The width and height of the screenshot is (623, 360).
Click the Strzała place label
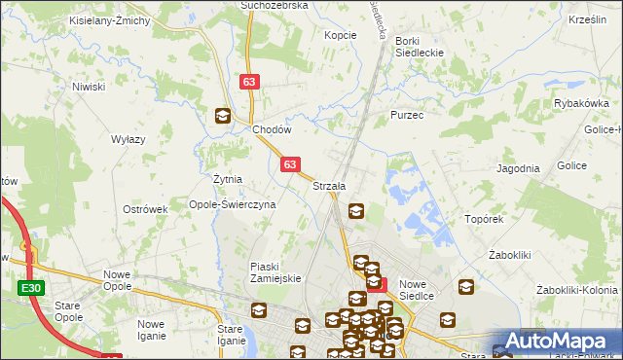tap(329, 186)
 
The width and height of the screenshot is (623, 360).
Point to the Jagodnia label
tap(518, 168)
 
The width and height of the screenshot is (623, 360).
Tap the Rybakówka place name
tap(581, 103)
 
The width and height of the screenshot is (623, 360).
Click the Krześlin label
tap(587, 19)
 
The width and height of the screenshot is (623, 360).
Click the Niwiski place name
tap(89, 87)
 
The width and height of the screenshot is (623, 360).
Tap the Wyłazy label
tap(128, 140)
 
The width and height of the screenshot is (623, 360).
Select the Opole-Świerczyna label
tap(233, 205)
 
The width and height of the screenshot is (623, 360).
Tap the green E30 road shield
tap(30, 288)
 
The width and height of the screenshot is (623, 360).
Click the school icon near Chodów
tap(223, 116)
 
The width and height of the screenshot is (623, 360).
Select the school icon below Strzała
tap(356, 209)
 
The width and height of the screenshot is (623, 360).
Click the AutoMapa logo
tap(557, 342)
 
